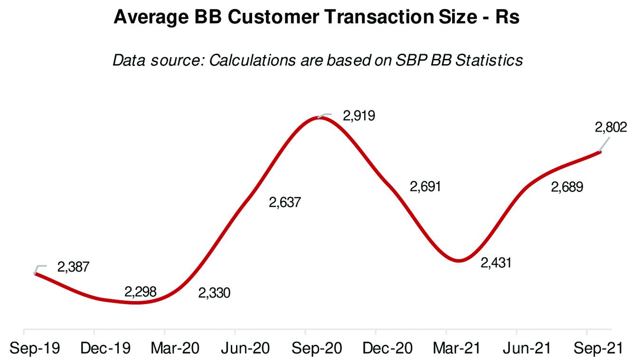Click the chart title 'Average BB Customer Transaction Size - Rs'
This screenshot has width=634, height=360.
coord(317,18)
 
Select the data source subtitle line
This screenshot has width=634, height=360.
coord(317,60)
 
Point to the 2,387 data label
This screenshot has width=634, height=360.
coord(73,267)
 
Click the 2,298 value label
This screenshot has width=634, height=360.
coord(141,292)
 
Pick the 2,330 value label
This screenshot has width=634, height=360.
coord(214,293)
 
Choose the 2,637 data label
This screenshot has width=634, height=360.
coord(285,202)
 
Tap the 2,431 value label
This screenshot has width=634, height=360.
coord(496,263)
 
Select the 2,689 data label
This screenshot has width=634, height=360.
coord(567,187)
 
